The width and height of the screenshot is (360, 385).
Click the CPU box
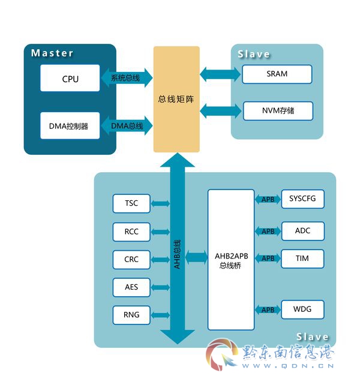(70, 78)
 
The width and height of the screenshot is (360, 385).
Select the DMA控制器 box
(70, 126)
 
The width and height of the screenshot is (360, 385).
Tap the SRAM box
(277, 74)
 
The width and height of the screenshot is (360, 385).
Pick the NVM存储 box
(278, 111)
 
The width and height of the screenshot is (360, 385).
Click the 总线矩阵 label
(176, 99)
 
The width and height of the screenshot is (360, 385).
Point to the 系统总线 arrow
(127, 78)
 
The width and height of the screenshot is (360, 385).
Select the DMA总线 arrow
(127, 126)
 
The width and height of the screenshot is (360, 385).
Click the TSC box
(131, 203)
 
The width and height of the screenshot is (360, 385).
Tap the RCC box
(131, 232)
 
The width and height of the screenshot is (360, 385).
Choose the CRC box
(131, 260)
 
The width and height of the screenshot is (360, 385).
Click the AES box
(131, 287)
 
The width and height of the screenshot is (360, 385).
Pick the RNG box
(131, 315)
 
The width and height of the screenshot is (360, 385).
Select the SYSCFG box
(302, 199)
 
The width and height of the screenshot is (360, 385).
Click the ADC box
(303, 231)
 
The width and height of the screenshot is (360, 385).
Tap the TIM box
(302, 259)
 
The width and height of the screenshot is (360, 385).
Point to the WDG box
(302, 309)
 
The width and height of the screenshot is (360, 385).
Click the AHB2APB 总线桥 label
(231, 261)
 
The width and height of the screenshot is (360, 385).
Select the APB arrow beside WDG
(268, 309)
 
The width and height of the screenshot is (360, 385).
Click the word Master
(52, 53)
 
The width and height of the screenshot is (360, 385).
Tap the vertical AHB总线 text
(177, 254)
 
